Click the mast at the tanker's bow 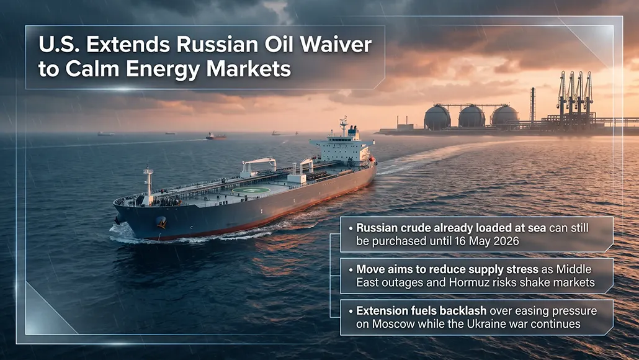tap(148, 181)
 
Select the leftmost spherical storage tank tap(437, 117)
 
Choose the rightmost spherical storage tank tap(504, 116)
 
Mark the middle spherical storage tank tap(471, 117)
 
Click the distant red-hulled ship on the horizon tap(216, 136)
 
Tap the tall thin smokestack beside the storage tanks tap(532, 105)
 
